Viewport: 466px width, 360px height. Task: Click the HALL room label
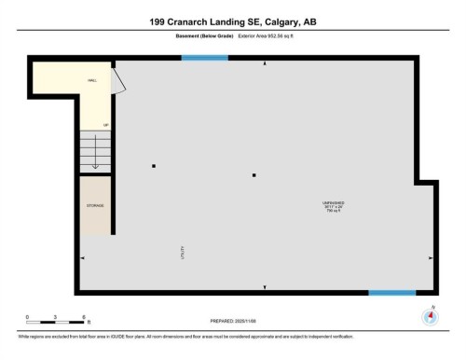(92, 80)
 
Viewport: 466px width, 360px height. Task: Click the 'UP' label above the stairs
(106, 124)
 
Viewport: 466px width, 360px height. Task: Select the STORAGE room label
(95, 204)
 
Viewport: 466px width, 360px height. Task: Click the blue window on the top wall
(204, 59)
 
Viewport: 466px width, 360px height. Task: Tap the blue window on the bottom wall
(391, 293)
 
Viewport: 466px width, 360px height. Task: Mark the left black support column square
(154, 166)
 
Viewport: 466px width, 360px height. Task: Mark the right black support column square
(254, 174)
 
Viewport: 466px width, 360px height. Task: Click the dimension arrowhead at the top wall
(266, 63)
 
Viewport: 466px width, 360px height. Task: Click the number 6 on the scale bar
(84, 318)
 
